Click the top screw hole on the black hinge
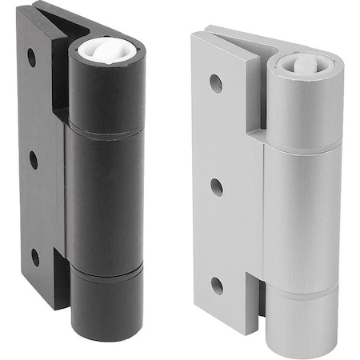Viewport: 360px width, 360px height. click(x=31, y=58)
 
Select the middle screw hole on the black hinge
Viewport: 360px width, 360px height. click(x=33, y=160)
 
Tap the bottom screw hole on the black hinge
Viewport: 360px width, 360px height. click(x=35, y=258)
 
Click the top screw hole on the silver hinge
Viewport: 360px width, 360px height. click(x=216, y=82)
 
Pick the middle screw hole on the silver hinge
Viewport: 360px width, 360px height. click(x=217, y=188)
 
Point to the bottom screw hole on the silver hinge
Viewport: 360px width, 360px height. click(x=218, y=286)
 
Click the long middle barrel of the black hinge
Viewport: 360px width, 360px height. click(x=106, y=196)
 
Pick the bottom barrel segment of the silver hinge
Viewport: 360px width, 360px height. click(x=302, y=324)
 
